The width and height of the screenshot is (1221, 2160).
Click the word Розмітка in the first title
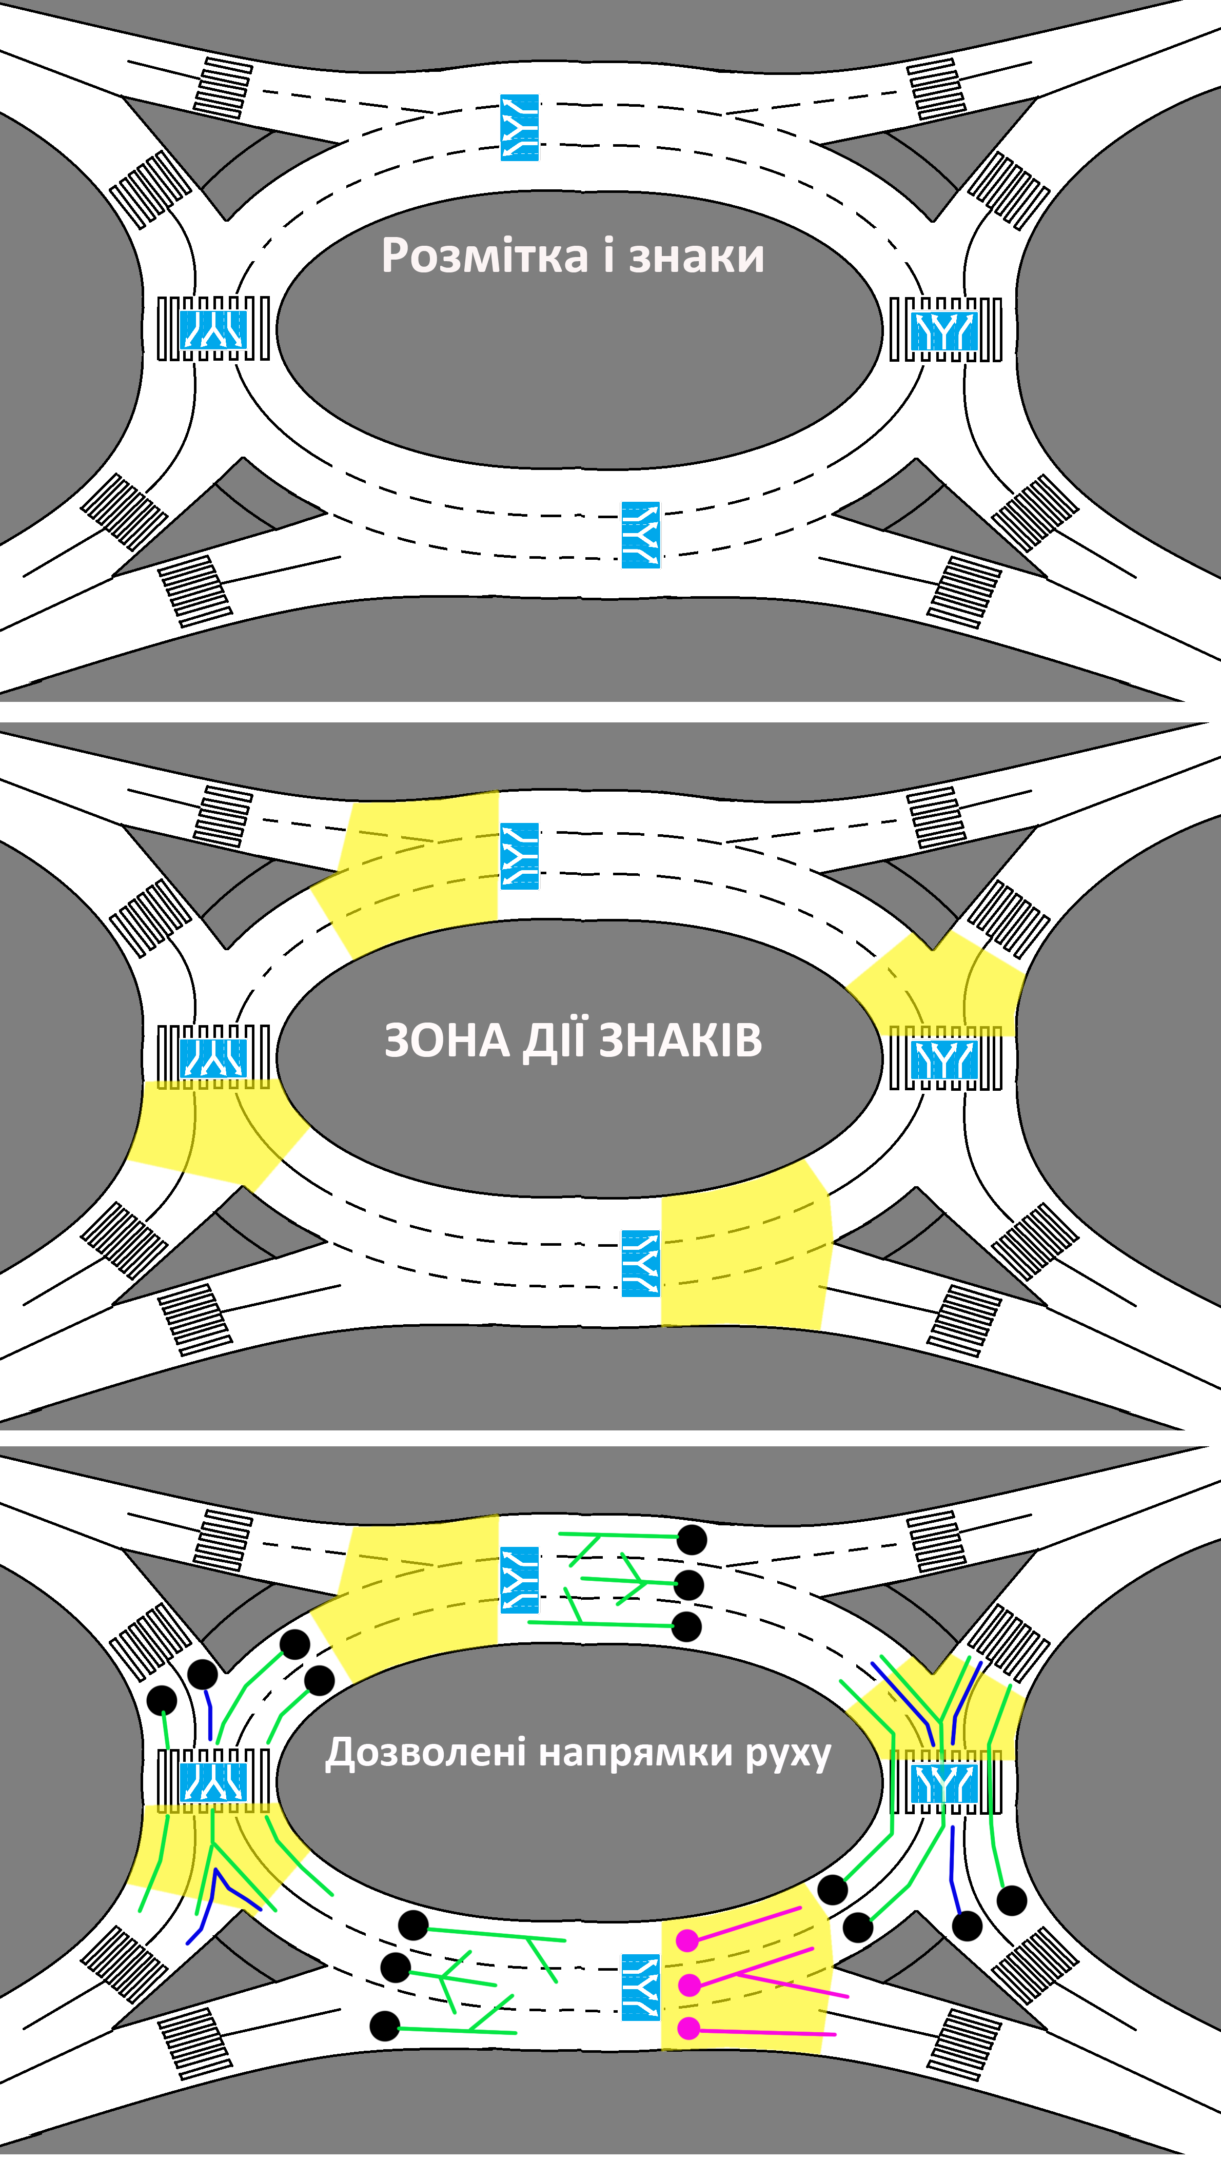coord(484,256)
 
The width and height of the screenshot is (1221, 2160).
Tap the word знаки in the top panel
coord(696,256)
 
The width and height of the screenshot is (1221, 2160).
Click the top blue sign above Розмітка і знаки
coord(519,127)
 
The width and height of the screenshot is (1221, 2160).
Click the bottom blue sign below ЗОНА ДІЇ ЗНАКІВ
coord(640,1263)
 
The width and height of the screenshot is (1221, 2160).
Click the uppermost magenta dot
coord(687,1940)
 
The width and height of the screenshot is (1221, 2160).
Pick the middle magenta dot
coord(690,1985)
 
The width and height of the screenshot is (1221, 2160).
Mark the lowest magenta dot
coord(688,2028)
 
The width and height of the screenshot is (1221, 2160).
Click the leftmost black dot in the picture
coord(162,1700)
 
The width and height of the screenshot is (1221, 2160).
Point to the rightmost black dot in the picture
coord(1011,1900)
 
